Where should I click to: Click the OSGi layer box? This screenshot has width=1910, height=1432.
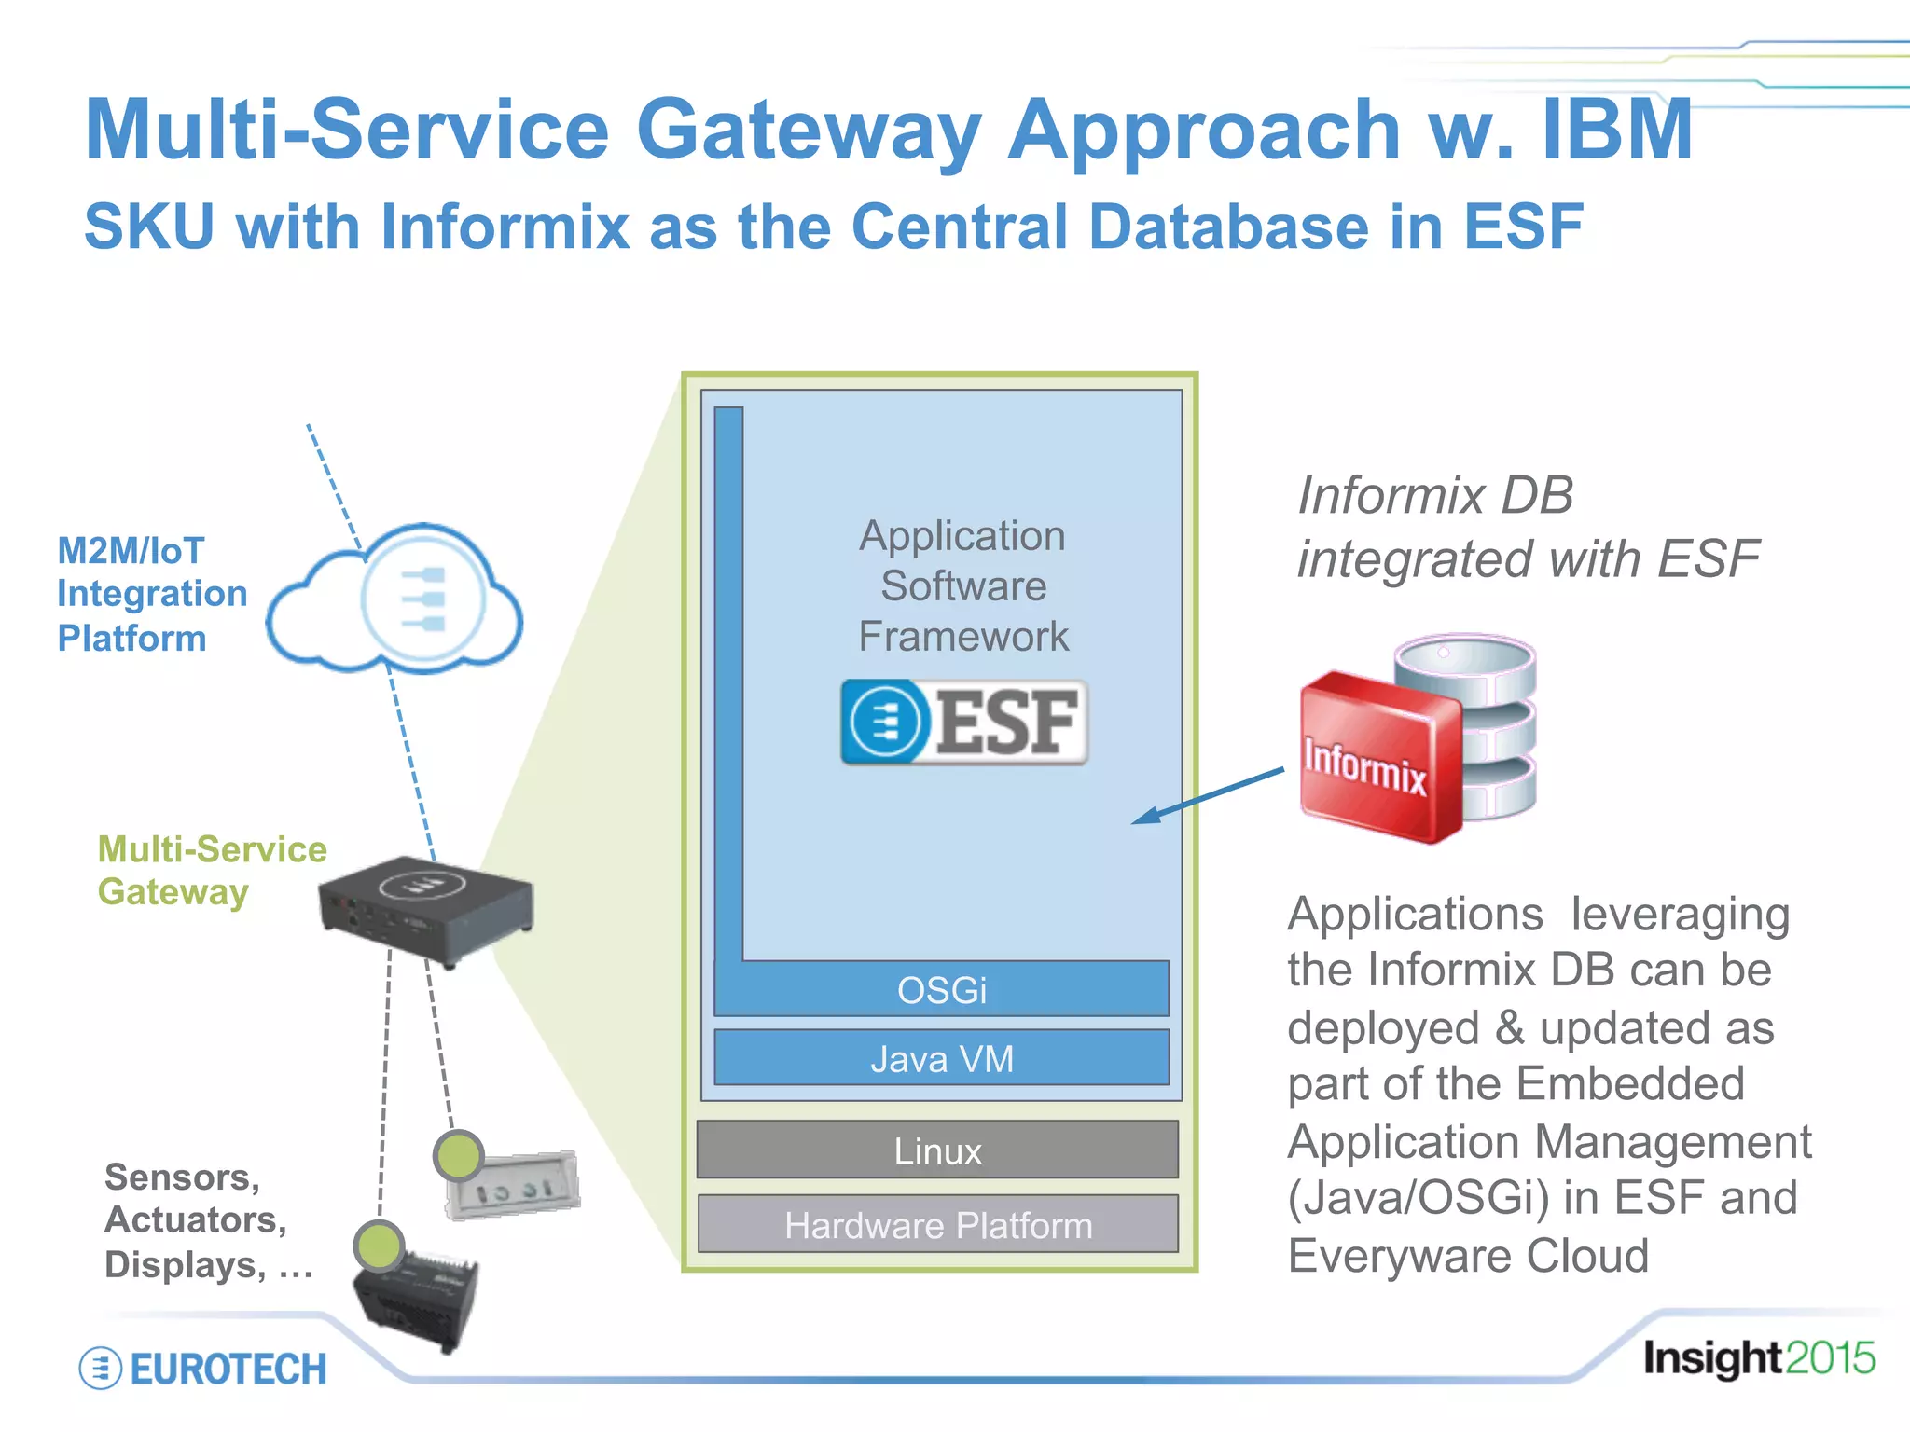click(942, 989)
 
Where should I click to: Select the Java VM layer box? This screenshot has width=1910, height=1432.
click(942, 1058)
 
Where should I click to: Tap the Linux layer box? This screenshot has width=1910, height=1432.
click(937, 1150)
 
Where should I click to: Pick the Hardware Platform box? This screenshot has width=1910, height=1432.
click(937, 1224)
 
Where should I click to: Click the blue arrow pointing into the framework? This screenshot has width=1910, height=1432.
click(1208, 795)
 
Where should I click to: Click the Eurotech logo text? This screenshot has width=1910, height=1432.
click(228, 1369)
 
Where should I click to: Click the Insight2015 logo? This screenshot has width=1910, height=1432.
click(1758, 1357)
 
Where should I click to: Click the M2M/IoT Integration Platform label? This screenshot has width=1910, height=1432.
click(151, 594)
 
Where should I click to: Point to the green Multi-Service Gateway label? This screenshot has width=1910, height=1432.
click(211, 869)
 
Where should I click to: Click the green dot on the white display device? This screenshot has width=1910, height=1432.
click(458, 1156)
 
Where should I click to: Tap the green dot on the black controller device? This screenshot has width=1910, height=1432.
click(379, 1246)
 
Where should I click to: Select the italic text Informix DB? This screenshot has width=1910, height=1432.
click(1434, 494)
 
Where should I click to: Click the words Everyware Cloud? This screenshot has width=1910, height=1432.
click(1468, 1255)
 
